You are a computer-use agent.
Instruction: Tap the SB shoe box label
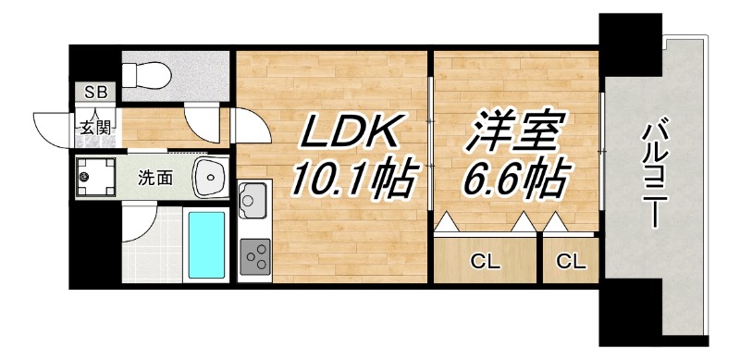point(95,92)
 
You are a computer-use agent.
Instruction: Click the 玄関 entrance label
point(93,128)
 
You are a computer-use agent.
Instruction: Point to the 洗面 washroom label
point(154,178)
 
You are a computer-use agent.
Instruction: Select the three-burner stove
point(254,255)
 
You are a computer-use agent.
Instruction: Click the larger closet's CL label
point(486,262)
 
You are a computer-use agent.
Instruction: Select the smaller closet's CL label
point(571,262)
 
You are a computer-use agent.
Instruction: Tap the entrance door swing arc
point(51,125)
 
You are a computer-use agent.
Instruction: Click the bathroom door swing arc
point(139,222)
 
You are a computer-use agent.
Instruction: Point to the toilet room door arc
point(201,121)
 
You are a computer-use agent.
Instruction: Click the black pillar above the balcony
point(631,46)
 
